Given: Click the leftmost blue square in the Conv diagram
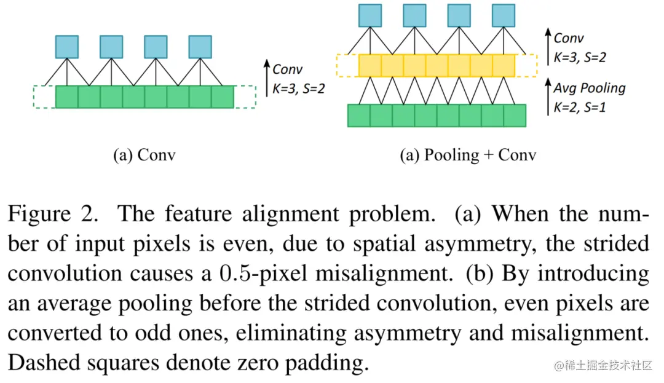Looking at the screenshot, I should [x=67, y=47].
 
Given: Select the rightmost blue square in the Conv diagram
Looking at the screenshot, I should [x=200, y=47].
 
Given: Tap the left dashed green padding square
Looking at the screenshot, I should [x=44, y=97].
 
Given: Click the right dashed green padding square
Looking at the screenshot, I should [x=245, y=97].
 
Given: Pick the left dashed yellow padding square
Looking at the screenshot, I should [x=347, y=65].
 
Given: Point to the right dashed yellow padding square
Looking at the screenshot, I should [x=526, y=65].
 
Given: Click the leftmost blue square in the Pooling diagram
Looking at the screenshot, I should [x=370, y=15].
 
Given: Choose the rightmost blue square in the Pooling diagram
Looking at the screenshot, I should [x=504, y=15].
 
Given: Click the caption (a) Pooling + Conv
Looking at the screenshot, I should [x=467, y=154].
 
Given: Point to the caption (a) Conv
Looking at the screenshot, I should [x=144, y=154].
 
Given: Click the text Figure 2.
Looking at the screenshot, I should [x=52, y=214].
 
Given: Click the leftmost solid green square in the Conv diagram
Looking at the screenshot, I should [x=67, y=97].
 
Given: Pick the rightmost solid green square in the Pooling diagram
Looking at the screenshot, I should [x=515, y=116].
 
